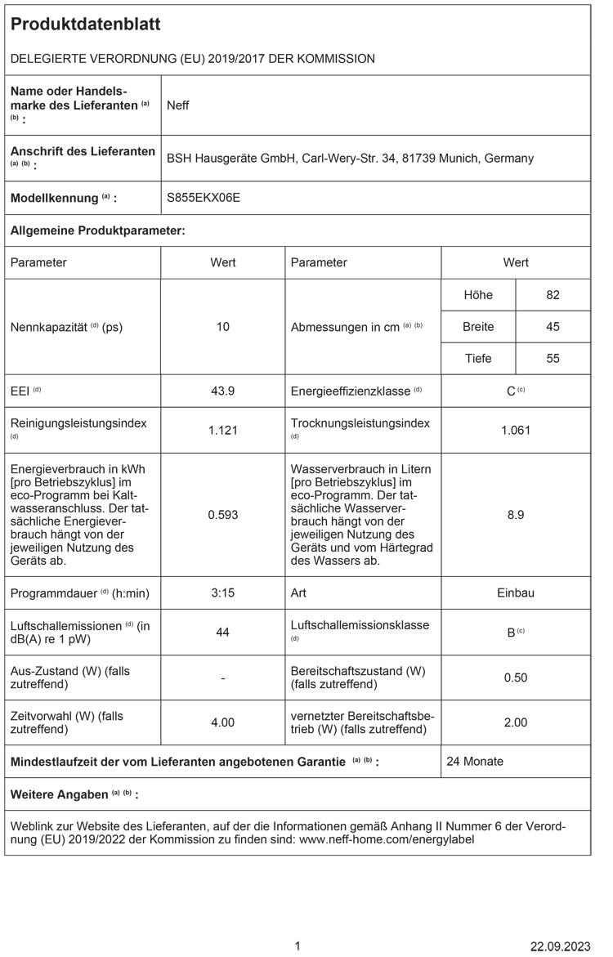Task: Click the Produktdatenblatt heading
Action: coord(86,25)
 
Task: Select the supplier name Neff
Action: coord(178,105)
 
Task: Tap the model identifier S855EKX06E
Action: coord(204,198)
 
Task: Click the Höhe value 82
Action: coord(553,294)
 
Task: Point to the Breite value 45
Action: coord(553,327)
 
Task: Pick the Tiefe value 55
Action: coord(553,359)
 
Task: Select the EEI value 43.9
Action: coord(223,391)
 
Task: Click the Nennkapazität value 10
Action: coord(223,327)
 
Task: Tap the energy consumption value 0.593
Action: coord(223,515)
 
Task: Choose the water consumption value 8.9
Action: coord(516,515)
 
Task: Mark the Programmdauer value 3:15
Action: coord(223,593)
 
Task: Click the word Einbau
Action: coord(516,593)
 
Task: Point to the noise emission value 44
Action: coord(223,632)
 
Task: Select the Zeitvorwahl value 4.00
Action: coord(223,722)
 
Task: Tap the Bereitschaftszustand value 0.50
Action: coord(516,678)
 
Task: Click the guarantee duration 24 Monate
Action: coord(475,762)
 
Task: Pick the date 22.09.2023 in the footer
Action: coord(560,946)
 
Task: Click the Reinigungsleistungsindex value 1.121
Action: coord(223,430)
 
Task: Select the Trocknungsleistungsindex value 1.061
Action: coord(516,430)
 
